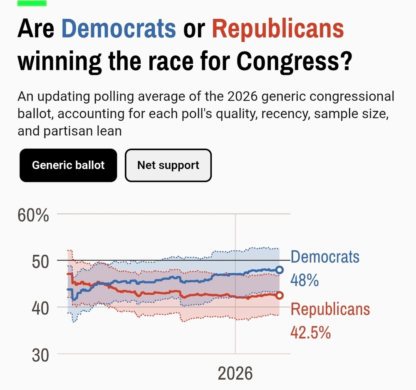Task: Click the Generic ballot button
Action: coord(68,165)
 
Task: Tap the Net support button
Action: coord(168,165)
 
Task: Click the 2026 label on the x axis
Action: coord(235,373)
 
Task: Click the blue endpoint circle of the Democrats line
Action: coord(280,270)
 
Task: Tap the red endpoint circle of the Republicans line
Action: coord(280,295)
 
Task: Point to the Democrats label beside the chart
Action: coord(325,257)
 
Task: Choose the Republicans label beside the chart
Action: coord(330,309)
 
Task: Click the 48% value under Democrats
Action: coord(305,280)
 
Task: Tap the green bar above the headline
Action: coord(32,3)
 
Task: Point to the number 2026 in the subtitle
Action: coord(240,97)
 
